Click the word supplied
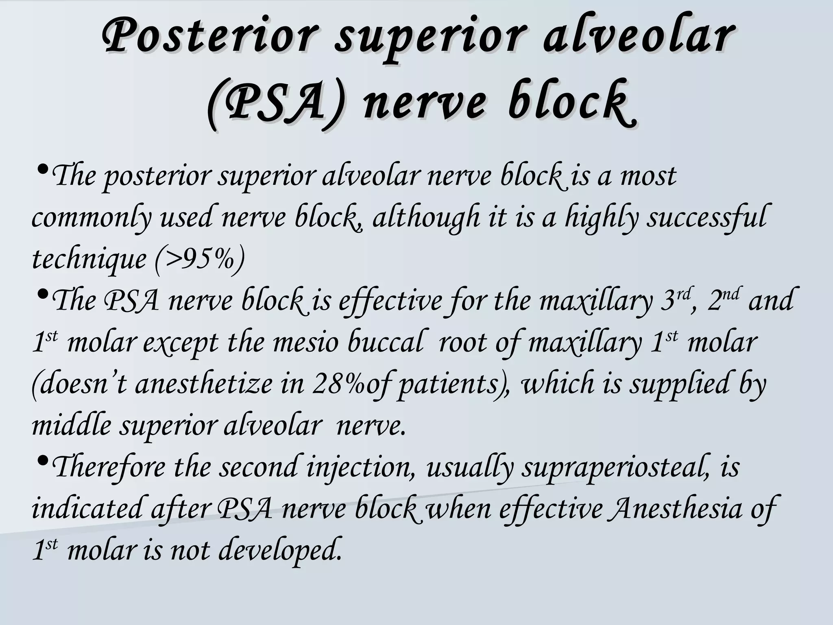pyautogui.click(x=679, y=384)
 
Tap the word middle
pyautogui.click(x=71, y=426)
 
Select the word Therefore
pyautogui.click(x=110, y=467)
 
